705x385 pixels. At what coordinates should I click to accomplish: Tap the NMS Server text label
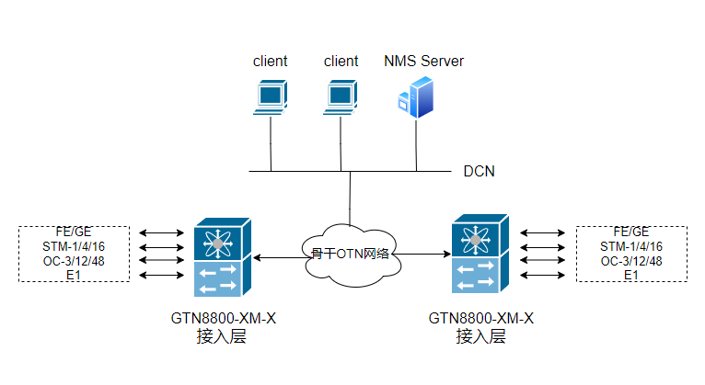pos(423,62)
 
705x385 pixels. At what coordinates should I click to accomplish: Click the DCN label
pos(480,171)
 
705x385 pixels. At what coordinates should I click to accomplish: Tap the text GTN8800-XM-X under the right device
pos(480,319)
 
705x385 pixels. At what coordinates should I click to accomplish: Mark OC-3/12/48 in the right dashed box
pos(631,261)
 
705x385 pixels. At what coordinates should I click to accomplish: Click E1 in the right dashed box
pos(631,275)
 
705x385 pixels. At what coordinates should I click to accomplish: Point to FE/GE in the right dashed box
pos(631,232)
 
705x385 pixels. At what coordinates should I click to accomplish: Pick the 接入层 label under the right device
pos(480,336)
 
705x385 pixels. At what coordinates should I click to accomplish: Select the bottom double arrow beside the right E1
pos(541,276)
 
